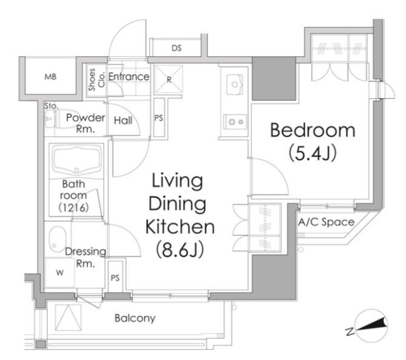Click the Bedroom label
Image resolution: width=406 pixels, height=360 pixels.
pyautogui.click(x=313, y=130)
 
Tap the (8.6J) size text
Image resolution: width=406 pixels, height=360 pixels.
pyautogui.click(x=180, y=249)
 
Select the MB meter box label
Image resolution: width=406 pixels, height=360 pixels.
pyautogui.click(x=50, y=76)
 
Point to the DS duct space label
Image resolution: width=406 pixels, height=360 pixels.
pyautogui.click(x=176, y=48)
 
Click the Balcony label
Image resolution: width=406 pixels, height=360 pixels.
pyautogui.click(x=135, y=318)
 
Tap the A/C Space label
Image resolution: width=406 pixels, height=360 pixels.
pyautogui.click(x=326, y=222)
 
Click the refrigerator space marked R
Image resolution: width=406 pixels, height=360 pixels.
pyautogui.click(x=169, y=79)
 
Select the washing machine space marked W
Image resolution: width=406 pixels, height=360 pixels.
pyautogui.click(x=60, y=273)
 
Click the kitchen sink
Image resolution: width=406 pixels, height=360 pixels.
pyautogui.click(x=235, y=84)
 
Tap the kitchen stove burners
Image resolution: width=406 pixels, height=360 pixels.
pyautogui.click(x=235, y=121)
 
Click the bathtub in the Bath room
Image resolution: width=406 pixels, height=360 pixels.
pyautogui.click(x=76, y=161)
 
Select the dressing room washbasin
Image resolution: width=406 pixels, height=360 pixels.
pyautogui.click(x=57, y=240)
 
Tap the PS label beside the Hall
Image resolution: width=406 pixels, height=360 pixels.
pyautogui.click(x=159, y=118)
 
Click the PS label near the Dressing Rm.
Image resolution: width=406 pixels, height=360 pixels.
pyautogui.click(x=115, y=278)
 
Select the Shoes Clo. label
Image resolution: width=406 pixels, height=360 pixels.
pyautogui.click(x=96, y=79)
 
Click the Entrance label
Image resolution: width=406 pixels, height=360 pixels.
pyautogui.click(x=128, y=76)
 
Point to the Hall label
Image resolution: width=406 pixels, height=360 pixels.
pyautogui.click(x=123, y=121)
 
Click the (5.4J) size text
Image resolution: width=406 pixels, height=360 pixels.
pyautogui.click(x=313, y=153)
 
